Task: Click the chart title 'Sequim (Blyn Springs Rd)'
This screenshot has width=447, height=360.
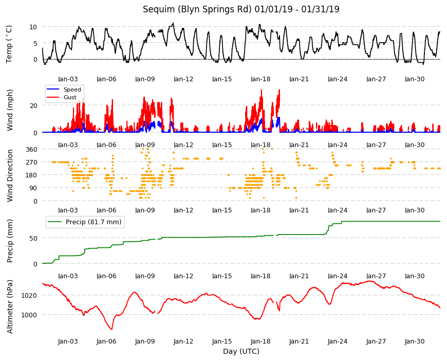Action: pyautogui.click(x=197, y=9)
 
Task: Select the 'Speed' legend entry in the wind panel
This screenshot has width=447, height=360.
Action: pyautogui.click(x=72, y=89)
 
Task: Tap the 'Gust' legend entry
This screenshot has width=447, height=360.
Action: pyautogui.click(x=70, y=97)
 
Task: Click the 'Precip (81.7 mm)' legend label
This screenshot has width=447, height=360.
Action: pyautogui.click(x=94, y=222)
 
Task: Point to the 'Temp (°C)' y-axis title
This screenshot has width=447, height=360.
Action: pyautogui.click(x=9, y=44)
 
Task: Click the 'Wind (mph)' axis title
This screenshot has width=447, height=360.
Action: pyautogui.click(x=10, y=110)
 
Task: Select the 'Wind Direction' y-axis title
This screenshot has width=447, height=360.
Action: pyautogui.click(x=10, y=176)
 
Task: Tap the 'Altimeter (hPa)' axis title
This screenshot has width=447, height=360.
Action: pyautogui.click(x=10, y=307)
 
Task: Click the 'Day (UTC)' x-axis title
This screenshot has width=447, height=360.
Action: pyautogui.click(x=241, y=351)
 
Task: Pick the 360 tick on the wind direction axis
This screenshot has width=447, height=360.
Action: pyautogui.click(x=32, y=150)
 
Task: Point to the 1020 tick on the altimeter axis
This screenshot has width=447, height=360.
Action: pyautogui.click(x=29, y=296)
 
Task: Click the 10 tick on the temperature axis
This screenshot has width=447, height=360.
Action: pyautogui.click(x=33, y=27)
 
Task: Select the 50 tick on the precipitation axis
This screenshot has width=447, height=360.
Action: pyautogui.click(x=33, y=238)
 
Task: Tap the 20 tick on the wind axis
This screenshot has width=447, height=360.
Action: pyautogui.click(x=33, y=106)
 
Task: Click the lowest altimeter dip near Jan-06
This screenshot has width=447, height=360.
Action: pyautogui.click(x=111, y=329)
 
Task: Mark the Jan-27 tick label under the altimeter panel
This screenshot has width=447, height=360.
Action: pyautogui.click(x=376, y=341)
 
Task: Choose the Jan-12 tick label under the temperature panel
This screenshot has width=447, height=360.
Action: pyautogui.click(x=183, y=79)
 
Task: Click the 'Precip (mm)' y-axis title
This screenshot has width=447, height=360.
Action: pyautogui.click(x=10, y=241)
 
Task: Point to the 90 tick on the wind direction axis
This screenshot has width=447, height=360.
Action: pyautogui.click(x=33, y=188)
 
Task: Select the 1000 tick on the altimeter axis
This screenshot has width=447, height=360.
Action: pyautogui.click(x=29, y=315)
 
